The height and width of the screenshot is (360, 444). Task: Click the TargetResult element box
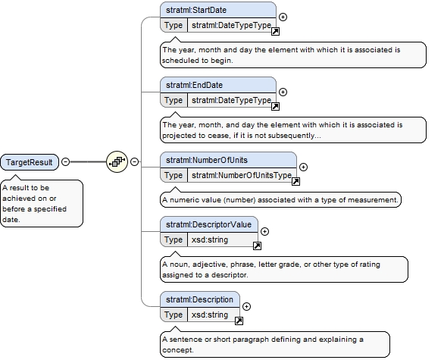pos(30,162)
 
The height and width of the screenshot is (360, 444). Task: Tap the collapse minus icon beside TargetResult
pos(65,161)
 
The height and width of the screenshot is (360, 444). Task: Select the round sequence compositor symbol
pos(117,161)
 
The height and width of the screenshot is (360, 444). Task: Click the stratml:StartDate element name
pos(196,10)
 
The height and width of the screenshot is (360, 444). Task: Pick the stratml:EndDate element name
pos(194,85)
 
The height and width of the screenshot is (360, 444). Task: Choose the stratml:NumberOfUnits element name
pos(207,161)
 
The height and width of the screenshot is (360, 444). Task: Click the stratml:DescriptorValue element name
pos(208,224)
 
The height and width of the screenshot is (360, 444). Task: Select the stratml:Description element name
pos(199,299)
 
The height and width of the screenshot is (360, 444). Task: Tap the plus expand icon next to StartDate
pos(283,17)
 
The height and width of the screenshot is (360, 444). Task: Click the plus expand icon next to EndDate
pos(283,92)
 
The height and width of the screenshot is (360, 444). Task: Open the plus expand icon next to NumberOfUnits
pos(303,167)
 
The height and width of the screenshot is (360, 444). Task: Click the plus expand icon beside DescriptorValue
pos(264,231)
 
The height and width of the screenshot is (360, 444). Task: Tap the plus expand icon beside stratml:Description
pos(246,306)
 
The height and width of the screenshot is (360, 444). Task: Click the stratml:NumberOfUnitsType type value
pos(242,175)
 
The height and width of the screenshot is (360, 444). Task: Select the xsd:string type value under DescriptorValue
pos(210,240)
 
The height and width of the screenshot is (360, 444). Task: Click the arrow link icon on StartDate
pos(275,31)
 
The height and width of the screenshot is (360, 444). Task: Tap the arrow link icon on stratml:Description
pos(239,321)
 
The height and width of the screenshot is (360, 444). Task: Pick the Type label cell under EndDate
pos(174,100)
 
